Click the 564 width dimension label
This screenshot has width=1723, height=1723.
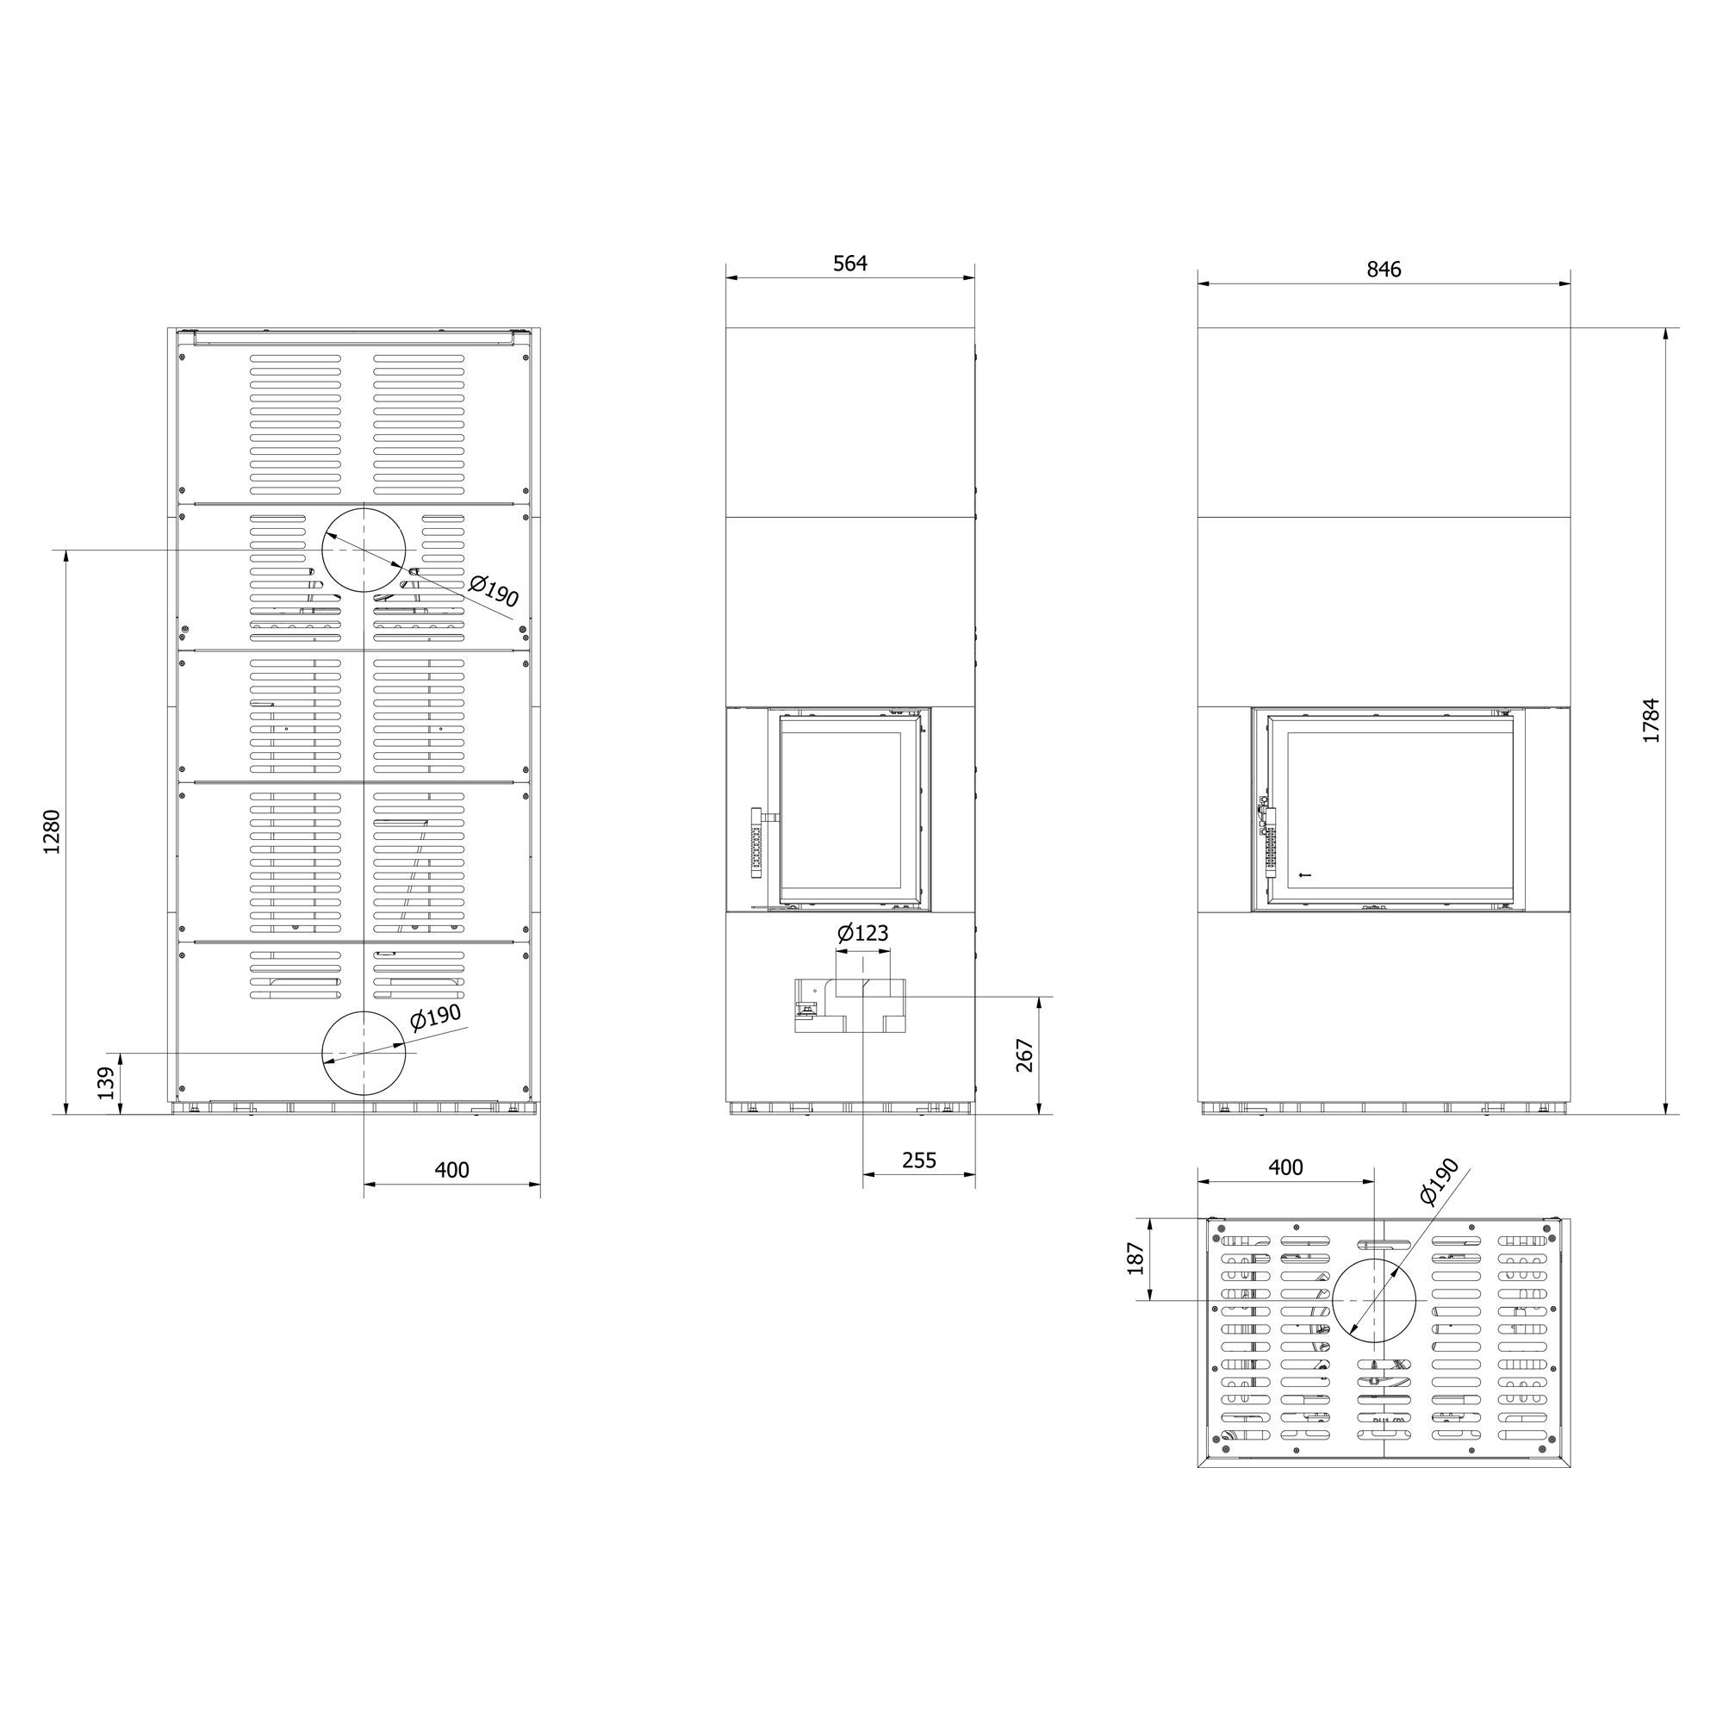pyautogui.click(x=850, y=263)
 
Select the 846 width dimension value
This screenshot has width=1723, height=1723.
pyautogui.click(x=1384, y=270)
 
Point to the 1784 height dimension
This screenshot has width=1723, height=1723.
pyautogui.click(x=1651, y=720)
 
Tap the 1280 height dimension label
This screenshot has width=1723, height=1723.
pyautogui.click(x=52, y=832)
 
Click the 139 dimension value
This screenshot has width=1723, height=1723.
pyautogui.click(x=107, y=1084)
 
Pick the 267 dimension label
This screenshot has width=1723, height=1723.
pyautogui.click(x=1023, y=1055)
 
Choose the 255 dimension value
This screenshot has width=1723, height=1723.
pyautogui.click(x=918, y=1160)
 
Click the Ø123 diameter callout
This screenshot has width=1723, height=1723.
pyautogui.click(x=862, y=934)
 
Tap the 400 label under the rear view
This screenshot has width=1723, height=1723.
pyautogui.click(x=451, y=1169)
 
